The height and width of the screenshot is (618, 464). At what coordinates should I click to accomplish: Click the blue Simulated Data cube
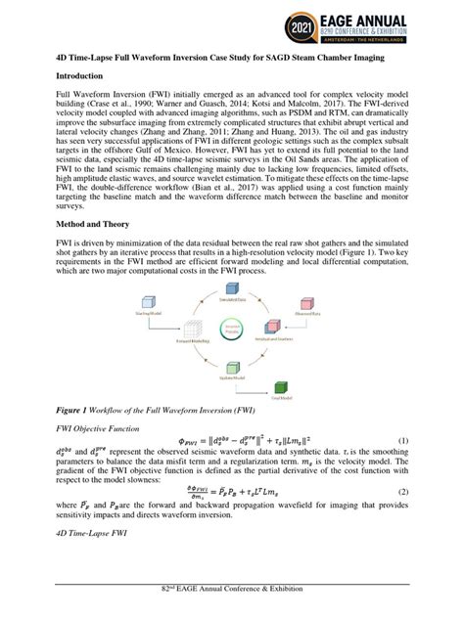click(232, 292)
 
